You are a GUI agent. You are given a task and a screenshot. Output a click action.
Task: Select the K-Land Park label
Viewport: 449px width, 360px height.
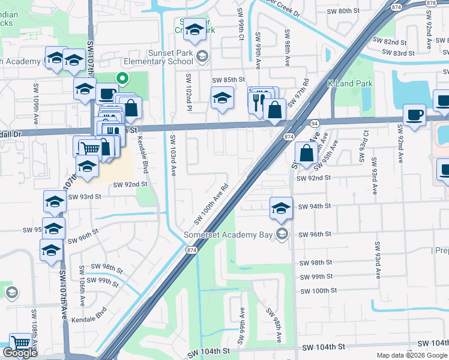350,83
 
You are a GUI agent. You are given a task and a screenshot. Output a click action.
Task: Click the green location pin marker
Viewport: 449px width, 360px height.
122,78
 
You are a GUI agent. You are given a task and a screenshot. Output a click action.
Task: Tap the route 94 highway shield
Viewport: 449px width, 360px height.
314,123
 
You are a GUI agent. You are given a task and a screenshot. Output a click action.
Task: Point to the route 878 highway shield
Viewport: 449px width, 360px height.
431,4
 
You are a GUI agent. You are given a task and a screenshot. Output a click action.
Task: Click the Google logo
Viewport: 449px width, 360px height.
20,353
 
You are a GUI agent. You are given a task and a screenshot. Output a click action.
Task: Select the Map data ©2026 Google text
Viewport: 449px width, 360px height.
412,355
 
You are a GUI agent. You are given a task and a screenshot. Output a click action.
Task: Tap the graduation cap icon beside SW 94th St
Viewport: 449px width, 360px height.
281,208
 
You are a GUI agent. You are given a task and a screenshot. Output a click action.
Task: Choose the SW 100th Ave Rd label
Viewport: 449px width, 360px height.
211,205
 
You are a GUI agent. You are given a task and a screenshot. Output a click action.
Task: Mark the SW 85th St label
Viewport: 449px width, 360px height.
228,80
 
